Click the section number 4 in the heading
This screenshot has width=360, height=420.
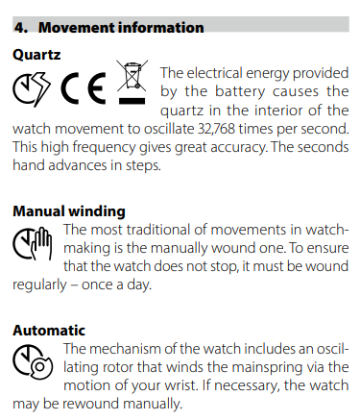(21, 28)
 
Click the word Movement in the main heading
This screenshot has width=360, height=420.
(77, 28)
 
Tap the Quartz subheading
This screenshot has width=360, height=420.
(36, 55)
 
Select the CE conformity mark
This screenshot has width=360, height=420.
(84, 87)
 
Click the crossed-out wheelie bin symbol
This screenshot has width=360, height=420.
(132, 76)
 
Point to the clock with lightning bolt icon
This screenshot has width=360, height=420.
(32, 88)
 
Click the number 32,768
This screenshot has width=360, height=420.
(216, 129)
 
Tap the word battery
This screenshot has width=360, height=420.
(240, 91)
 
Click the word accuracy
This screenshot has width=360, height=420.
(238, 148)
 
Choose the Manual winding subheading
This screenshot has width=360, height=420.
(69, 211)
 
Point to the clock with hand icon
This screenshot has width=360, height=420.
(33, 243)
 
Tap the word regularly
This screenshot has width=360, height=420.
(39, 285)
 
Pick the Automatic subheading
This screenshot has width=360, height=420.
(49, 331)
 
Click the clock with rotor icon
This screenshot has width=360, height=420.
(33, 362)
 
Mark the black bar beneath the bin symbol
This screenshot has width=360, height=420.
(132, 101)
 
